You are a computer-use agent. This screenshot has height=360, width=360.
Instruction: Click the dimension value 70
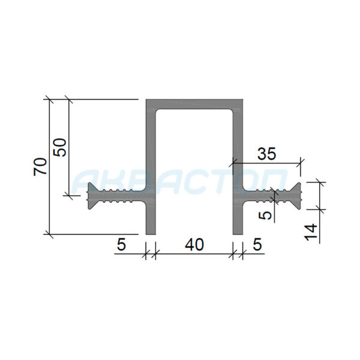click(x=40, y=167)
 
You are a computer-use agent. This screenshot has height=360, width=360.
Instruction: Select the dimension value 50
click(x=59, y=148)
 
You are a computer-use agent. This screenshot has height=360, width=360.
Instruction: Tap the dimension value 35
click(x=266, y=154)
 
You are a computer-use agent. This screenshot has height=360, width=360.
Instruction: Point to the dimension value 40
click(x=194, y=244)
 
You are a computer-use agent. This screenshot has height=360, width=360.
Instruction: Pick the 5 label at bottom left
click(x=121, y=244)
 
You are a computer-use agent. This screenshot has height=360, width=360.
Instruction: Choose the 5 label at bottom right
click(x=257, y=244)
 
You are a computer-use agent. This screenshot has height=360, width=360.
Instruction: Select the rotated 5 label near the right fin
click(x=265, y=215)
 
